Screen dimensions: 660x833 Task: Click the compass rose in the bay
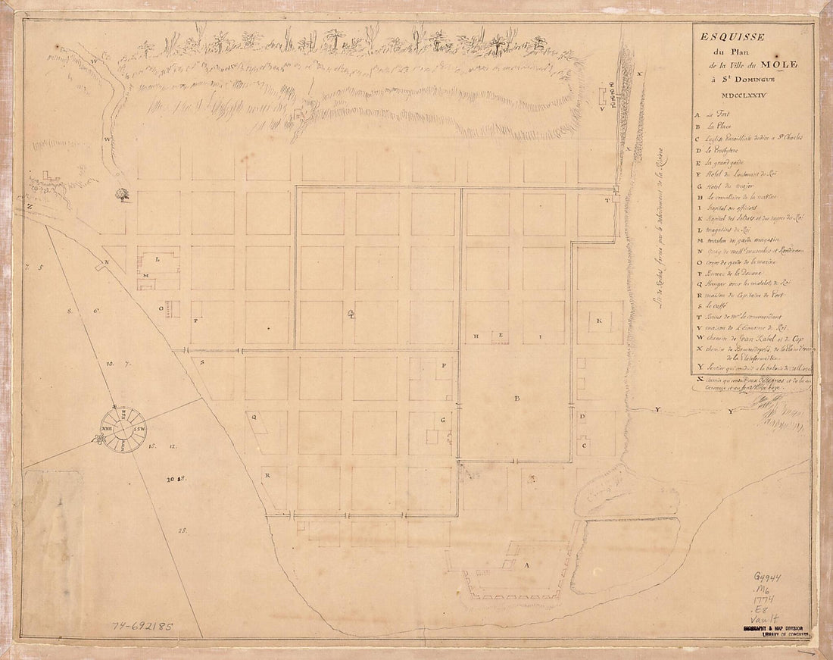tap(120, 427)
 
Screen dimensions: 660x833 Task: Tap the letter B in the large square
tap(517, 399)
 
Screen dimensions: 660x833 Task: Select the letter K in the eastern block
tap(598, 321)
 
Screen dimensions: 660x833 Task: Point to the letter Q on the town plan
tap(254, 416)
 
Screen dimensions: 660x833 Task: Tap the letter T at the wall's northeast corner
tap(607, 201)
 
